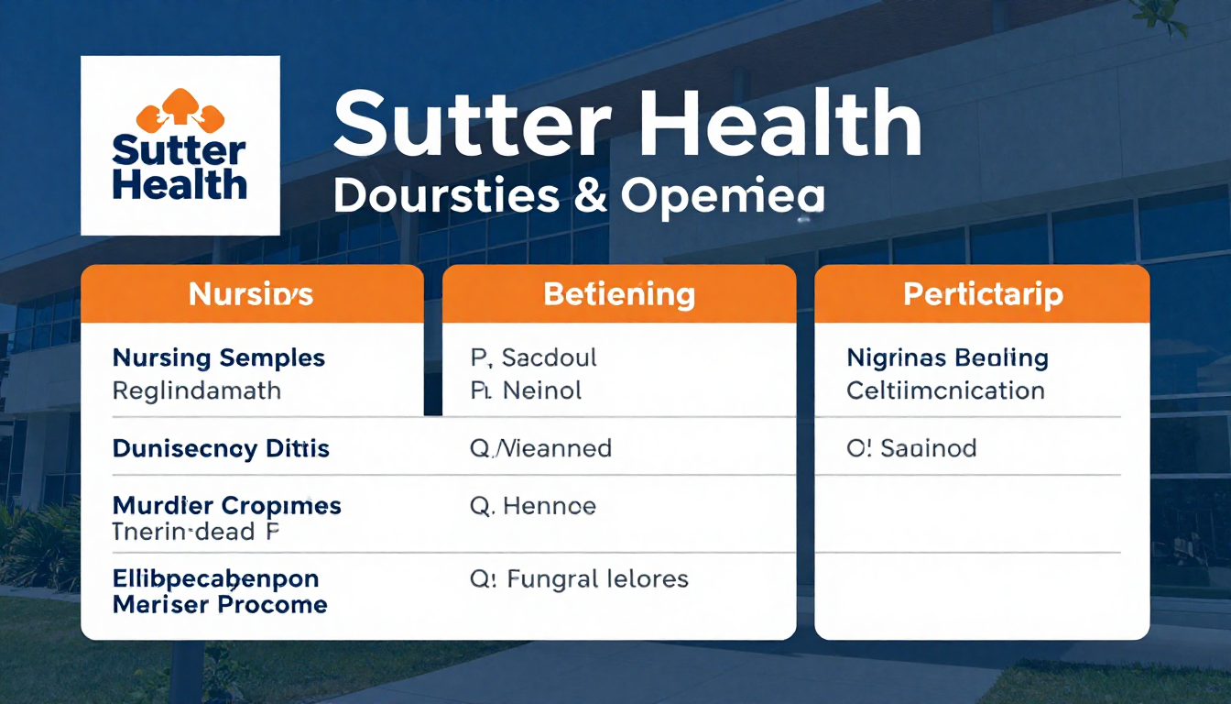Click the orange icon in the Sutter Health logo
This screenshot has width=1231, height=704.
(180, 111)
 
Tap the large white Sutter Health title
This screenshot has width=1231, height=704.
(626, 125)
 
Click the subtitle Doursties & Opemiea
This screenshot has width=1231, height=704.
(579, 196)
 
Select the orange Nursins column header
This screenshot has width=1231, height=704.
(251, 294)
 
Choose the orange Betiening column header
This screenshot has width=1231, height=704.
(619, 294)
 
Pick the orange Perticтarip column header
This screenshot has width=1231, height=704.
(983, 294)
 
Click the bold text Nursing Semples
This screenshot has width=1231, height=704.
(219, 357)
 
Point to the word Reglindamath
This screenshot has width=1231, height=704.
(196, 391)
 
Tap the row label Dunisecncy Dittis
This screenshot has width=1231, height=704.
(221, 449)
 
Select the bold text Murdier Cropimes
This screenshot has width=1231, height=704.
(226, 505)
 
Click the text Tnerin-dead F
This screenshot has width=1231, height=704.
(195, 531)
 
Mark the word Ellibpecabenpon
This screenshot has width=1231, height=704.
(215, 579)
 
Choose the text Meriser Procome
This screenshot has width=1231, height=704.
(220, 605)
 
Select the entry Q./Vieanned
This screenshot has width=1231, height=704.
(540, 448)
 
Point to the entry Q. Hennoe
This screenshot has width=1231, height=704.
(533, 505)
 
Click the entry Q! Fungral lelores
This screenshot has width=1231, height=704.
(579, 579)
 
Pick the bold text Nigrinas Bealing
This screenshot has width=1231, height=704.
(947, 357)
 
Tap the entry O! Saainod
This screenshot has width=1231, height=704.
(911, 448)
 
